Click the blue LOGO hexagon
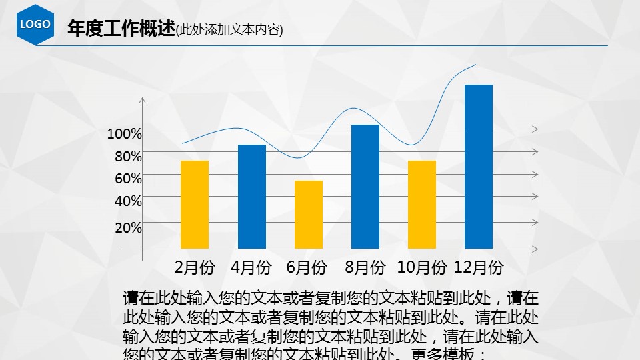35,25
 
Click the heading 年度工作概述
121,29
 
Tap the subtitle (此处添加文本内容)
229,30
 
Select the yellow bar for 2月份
195,204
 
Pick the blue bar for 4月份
251,196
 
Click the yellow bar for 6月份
308,214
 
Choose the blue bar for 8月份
365,186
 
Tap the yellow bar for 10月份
421,204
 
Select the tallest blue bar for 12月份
478,166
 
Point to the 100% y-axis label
125,134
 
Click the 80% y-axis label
128,157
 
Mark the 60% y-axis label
128,178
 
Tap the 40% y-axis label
128,201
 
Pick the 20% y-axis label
128,227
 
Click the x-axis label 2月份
195,268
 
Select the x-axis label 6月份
307,268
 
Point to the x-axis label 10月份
421,268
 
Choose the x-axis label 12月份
478,268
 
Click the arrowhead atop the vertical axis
142,100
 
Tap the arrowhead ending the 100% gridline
535,129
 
